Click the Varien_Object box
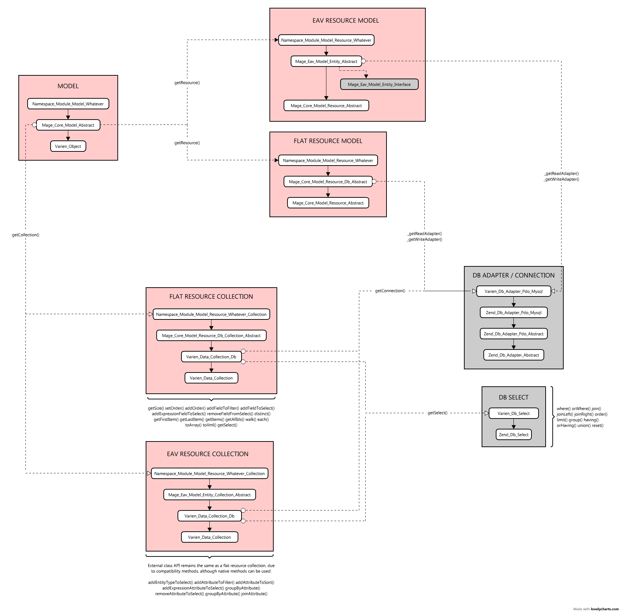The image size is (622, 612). coord(68,146)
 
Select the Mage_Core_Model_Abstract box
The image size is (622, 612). coord(68,125)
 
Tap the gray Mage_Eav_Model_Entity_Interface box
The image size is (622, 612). coord(379,84)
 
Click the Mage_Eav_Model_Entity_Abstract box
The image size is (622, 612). coord(326,61)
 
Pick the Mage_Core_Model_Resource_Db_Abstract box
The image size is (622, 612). coord(328,181)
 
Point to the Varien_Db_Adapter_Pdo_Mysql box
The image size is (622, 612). coord(514,291)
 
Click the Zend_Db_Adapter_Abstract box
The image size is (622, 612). coord(514,355)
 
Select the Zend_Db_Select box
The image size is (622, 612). coord(514,434)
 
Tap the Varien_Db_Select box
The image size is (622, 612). coord(514,413)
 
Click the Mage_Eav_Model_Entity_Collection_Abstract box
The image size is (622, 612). coord(210,495)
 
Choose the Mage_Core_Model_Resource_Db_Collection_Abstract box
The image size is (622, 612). coord(211,335)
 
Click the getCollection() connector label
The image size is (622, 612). coord(25,235)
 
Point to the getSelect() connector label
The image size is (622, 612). coord(437,413)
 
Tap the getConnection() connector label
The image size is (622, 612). coord(390,291)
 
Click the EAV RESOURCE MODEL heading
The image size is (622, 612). coord(346,21)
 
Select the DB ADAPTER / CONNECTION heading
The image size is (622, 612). coord(514,275)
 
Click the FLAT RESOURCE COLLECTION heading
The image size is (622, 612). coord(211,296)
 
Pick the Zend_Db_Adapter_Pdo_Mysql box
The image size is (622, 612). coord(514,312)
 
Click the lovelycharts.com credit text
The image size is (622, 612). coord(605,609)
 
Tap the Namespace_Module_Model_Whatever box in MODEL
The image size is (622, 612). coord(68,104)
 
